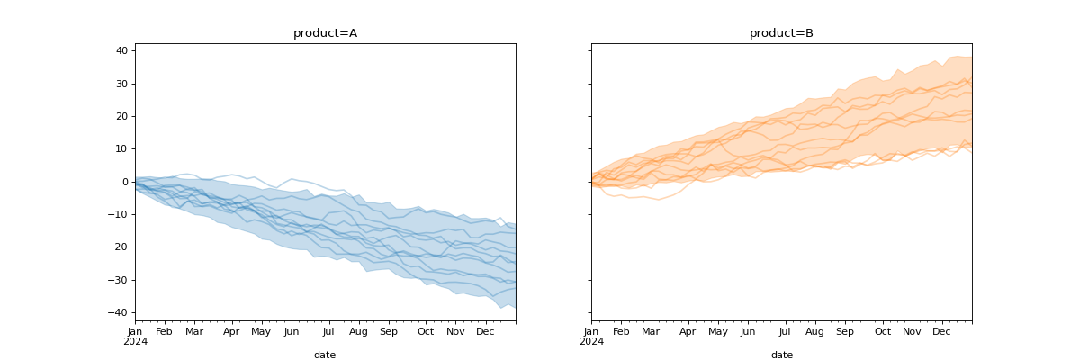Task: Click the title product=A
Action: tap(325, 33)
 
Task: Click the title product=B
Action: tap(781, 33)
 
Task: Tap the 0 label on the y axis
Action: tap(124, 182)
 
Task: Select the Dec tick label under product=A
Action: tap(485, 332)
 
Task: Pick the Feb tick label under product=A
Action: tap(164, 332)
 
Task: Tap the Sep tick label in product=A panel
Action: tap(389, 332)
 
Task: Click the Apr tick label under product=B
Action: tap(688, 332)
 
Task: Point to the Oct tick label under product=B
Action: tap(883, 332)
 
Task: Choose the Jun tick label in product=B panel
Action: tap(748, 332)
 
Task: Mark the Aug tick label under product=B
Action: tap(814, 332)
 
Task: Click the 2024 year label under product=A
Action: tap(135, 342)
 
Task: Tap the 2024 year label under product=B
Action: tap(591, 342)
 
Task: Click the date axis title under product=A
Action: tap(325, 355)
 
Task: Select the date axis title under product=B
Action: tap(781, 355)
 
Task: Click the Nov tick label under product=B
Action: tap(913, 332)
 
